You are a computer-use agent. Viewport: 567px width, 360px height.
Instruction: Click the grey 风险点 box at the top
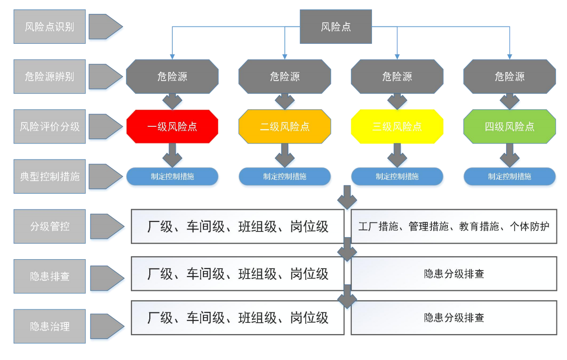335,27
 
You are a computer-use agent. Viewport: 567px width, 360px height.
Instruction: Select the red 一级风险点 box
172,127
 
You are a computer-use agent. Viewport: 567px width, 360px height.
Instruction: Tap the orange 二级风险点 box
284,127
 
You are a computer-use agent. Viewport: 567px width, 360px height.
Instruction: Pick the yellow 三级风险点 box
397,127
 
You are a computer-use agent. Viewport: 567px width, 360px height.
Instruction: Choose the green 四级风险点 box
510,127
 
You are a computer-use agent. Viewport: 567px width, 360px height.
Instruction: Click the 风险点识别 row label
49,26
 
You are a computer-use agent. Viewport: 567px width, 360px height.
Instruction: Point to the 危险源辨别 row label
49,76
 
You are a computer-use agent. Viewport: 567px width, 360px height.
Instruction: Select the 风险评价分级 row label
49,126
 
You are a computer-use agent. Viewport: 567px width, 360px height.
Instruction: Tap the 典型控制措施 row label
49,176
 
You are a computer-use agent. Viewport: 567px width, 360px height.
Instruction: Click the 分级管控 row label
49,226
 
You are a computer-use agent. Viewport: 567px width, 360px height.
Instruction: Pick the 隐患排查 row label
49,276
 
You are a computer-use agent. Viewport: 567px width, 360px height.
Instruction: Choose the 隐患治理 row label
49,326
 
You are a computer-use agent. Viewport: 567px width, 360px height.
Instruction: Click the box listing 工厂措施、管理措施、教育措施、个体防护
454,227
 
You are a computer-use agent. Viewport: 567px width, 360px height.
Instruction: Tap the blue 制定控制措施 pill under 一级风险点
172,176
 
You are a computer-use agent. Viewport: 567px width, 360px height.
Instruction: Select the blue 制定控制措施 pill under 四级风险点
510,176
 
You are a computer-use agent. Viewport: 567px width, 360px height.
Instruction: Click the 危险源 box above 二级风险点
284,76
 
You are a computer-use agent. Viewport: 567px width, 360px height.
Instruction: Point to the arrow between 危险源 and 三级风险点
397,101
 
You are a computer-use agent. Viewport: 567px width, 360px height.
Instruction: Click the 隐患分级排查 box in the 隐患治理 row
454,318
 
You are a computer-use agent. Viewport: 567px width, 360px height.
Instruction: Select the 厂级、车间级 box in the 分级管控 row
238,227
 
